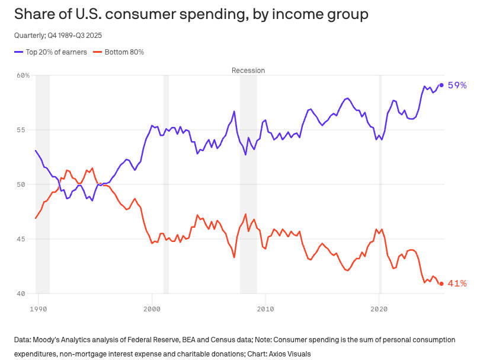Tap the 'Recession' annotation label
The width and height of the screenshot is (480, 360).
[x=248, y=70]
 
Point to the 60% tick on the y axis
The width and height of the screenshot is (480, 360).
[x=23, y=75]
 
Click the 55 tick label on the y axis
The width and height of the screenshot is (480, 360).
[x=25, y=130]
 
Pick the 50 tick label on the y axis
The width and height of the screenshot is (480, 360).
[x=25, y=184]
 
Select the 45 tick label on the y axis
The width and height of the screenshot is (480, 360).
[x=25, y=239]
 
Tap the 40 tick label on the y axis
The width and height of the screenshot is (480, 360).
[x=25, y=294]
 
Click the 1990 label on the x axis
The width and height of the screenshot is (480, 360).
[x=39, y=309]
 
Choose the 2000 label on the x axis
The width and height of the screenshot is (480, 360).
[x=152, y=309]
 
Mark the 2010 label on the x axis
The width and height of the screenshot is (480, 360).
[x=265, y=309]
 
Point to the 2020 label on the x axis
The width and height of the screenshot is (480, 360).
[x=379, y=309]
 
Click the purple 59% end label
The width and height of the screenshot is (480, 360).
[x=457, y=85]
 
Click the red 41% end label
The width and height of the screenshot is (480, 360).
[x=457, y=283]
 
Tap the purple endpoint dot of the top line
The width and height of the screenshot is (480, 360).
[x=441, y=85]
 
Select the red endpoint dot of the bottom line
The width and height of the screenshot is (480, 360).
[x=441, y=283]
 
